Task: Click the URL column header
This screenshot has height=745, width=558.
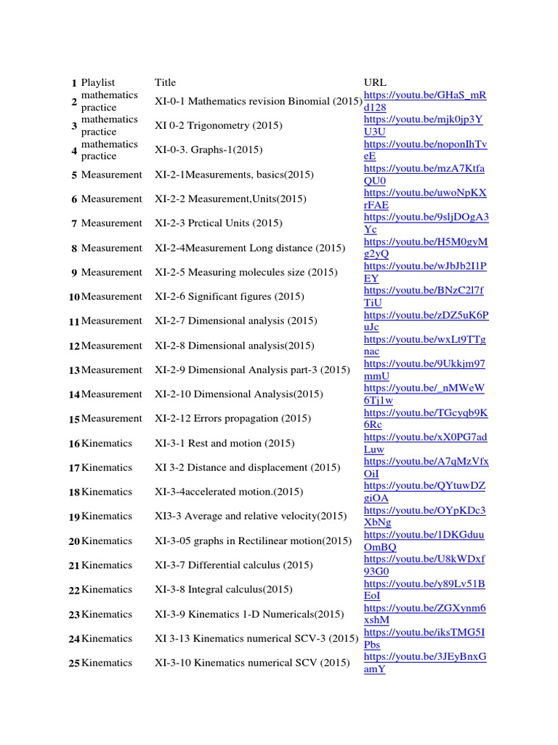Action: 375,82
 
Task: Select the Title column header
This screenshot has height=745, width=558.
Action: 165,82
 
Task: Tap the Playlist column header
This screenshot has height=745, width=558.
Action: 98,82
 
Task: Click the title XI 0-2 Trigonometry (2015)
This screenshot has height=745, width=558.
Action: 219,125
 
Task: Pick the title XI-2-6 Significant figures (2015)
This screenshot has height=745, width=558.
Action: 230,296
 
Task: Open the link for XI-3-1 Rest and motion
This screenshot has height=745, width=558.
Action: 425,443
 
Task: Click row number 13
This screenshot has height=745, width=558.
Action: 74,370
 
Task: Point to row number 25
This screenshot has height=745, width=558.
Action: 74,664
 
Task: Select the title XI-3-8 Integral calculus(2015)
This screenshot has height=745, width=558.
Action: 224,589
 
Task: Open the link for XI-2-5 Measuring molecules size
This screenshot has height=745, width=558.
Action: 425,272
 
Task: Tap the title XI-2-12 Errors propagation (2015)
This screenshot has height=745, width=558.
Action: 232,418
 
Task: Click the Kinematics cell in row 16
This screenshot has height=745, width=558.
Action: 107,443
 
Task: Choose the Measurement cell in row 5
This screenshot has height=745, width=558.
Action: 112,175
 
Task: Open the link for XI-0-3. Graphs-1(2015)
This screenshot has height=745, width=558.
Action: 425,150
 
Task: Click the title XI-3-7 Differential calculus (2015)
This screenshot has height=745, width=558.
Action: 234,565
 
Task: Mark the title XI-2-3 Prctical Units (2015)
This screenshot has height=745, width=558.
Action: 219,223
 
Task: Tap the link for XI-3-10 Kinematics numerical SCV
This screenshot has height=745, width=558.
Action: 425,663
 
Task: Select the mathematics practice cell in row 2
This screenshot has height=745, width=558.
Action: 109,101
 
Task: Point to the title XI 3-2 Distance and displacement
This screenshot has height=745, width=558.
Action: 247,467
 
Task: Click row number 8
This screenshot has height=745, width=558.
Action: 74,249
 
